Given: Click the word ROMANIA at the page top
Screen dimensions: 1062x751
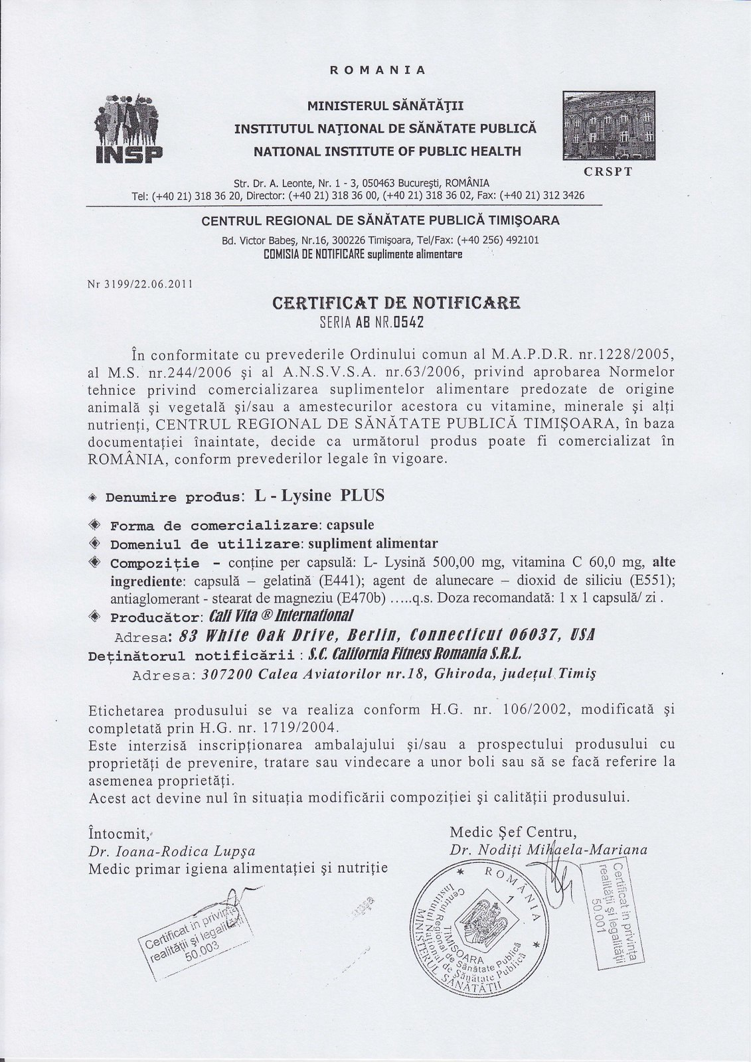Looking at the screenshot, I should click(x=377, y=69).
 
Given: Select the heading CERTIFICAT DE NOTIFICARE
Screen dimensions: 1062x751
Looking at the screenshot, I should click(x=396, y=304).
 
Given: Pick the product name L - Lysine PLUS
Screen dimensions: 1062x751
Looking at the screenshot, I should click(x=315, y=495).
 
